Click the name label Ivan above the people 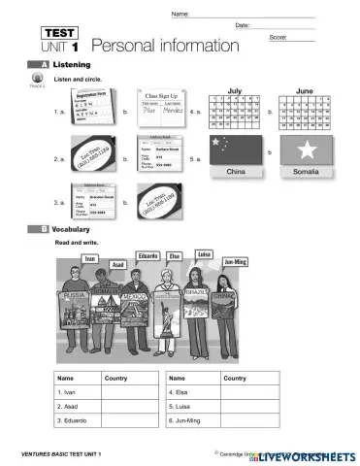coord(90,258)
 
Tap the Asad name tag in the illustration coord(116,263)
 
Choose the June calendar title coord(305,86)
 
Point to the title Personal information coord(164,46)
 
